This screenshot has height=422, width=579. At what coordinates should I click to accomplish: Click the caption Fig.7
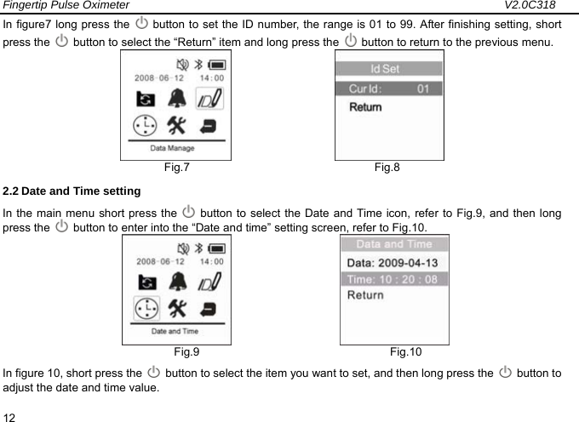(x=177, y=167)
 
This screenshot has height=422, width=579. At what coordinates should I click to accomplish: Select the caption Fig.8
(x=387, y=167)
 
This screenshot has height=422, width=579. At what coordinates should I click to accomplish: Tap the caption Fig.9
(x=186, y=351)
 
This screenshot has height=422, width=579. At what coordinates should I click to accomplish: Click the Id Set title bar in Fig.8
(x=388, y=69)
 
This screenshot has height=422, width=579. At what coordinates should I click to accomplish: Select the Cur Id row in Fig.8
(x=388, y=88)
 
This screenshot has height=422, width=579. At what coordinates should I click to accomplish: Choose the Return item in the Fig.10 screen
(x=364, y=295)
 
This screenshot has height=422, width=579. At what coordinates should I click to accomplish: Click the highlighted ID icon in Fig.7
(x=209, y=100)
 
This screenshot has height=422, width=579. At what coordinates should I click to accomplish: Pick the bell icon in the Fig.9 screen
(x=179, y=281)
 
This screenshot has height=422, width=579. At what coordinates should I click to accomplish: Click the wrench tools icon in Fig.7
(x=178, y=125)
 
